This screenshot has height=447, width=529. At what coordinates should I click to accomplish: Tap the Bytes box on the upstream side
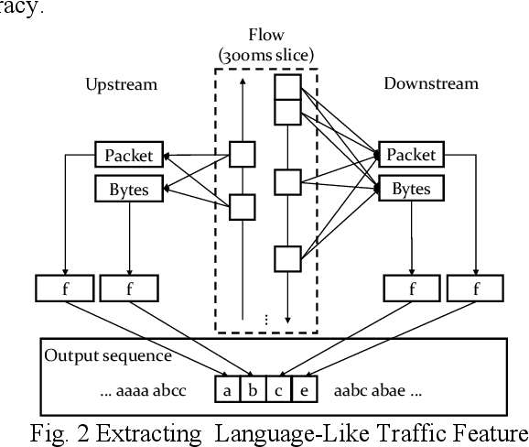coord(127,189)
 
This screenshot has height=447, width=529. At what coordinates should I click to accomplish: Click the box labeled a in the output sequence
coord(226,389)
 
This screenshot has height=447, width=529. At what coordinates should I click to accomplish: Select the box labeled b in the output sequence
coord(251,389)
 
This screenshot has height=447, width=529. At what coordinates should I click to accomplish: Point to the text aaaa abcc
coord(144,390)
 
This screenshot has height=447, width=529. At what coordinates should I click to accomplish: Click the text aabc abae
coord(375,390)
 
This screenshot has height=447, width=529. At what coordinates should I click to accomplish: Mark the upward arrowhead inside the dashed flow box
coord(241,81)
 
